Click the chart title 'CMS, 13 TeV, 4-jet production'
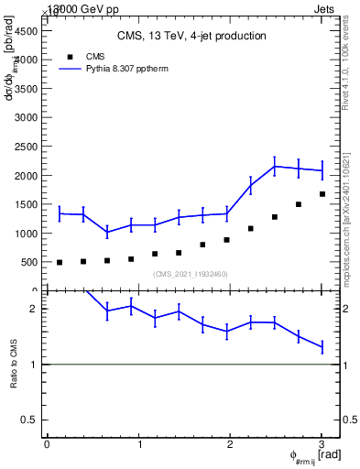191,37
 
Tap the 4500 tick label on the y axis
26,30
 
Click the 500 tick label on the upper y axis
28,262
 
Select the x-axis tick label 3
322,444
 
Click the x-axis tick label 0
47,444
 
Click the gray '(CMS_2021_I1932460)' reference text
191,274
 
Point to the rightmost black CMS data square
322,194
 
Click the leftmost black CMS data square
60,262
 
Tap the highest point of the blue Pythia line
275,166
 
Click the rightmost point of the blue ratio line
322,347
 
